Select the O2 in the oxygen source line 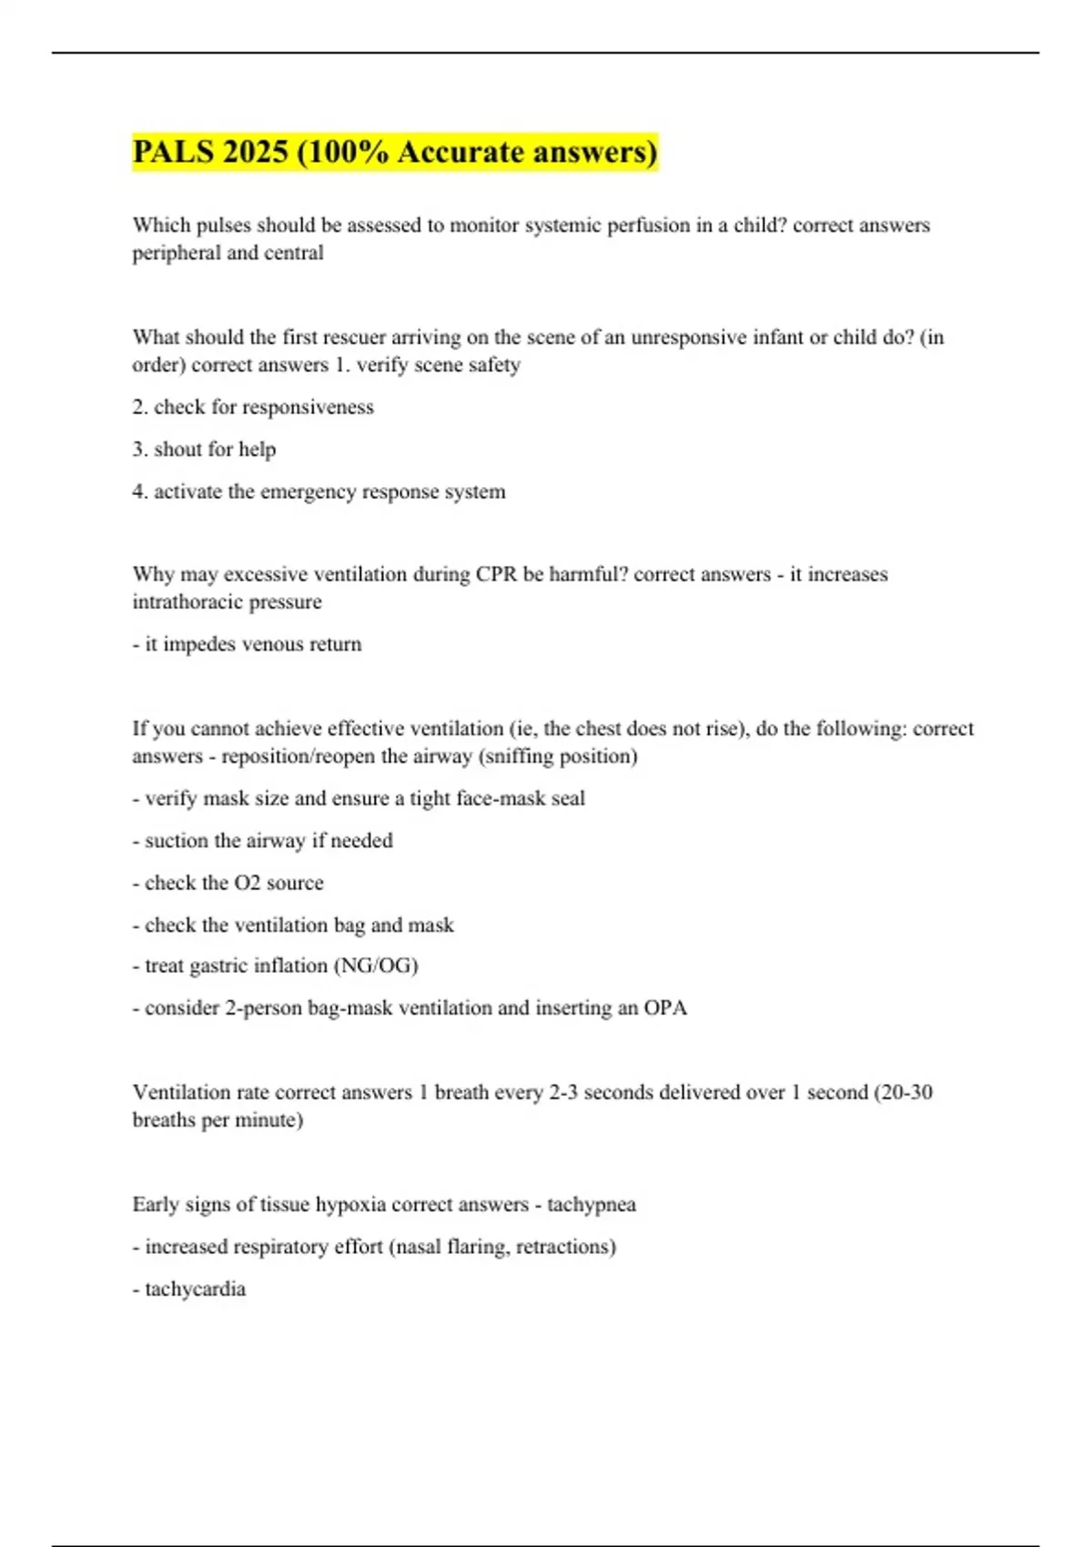[248, 883]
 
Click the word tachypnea [591, 1205]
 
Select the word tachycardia [195, 1289]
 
